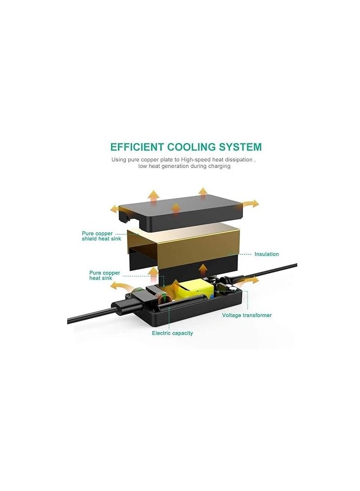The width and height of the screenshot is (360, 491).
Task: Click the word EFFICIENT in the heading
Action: tap(137, 147)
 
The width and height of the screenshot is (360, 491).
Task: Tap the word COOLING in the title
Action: tap(192, 147)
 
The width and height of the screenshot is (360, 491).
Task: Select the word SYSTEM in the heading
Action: tap(240, 147)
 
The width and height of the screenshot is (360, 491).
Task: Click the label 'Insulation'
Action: tap(266, 254)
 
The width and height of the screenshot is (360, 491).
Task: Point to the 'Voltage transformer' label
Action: tap(247, 315)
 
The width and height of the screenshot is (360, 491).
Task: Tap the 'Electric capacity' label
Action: tap(172, 333)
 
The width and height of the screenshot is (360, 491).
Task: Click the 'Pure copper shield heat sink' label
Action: tap(101, 236)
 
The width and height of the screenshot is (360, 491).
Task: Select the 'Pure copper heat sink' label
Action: tap(105, 275)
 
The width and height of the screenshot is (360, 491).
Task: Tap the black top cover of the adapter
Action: tap(181, 213)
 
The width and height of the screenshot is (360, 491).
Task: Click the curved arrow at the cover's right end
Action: tap(251, 203)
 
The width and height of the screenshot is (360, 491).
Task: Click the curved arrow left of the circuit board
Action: tap(121, 286)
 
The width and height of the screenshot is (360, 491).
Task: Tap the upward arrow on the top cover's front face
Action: tap(176, 209)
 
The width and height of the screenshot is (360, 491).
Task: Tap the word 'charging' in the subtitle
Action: tap(220, 166)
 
